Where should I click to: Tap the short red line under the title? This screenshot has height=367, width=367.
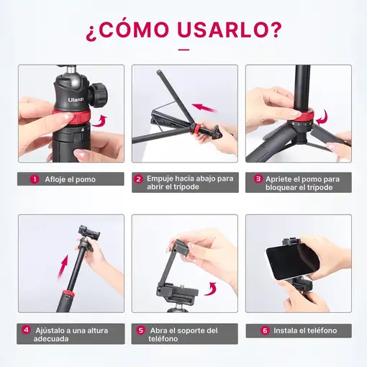[x=183, y=50]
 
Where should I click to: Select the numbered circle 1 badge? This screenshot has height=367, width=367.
[x=34, y=179]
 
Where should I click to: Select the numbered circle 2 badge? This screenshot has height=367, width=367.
[x=139, y=179]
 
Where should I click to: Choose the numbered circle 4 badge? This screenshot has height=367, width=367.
[x=26, y=331]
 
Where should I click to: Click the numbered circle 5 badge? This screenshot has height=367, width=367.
[x=140, y=331]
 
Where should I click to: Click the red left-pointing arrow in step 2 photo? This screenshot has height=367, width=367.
[x=206, y=109]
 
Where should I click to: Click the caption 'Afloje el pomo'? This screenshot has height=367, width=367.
[x=70, y=179]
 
